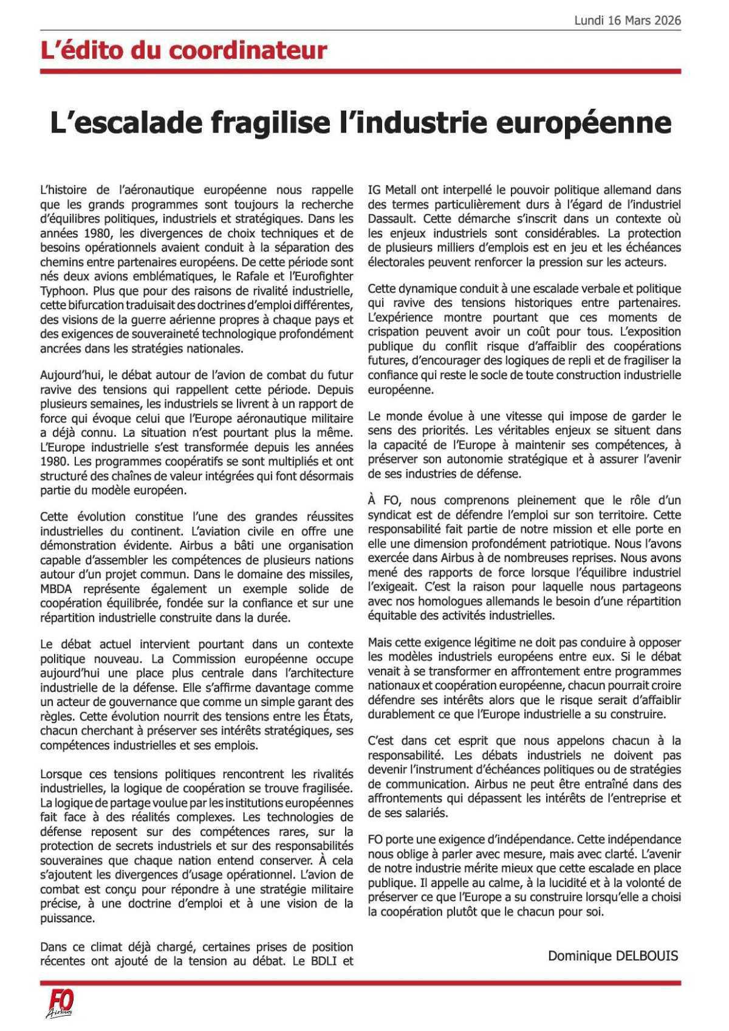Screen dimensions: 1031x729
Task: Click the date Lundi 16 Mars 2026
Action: point(628,21)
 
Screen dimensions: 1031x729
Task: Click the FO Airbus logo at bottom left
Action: point(60,1003)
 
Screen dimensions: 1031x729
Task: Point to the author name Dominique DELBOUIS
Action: point(612,956)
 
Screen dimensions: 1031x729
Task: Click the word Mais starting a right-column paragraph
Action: point(381,642)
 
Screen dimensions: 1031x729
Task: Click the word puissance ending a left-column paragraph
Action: point(67,918)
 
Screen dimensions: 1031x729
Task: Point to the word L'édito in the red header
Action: point(75,50)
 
